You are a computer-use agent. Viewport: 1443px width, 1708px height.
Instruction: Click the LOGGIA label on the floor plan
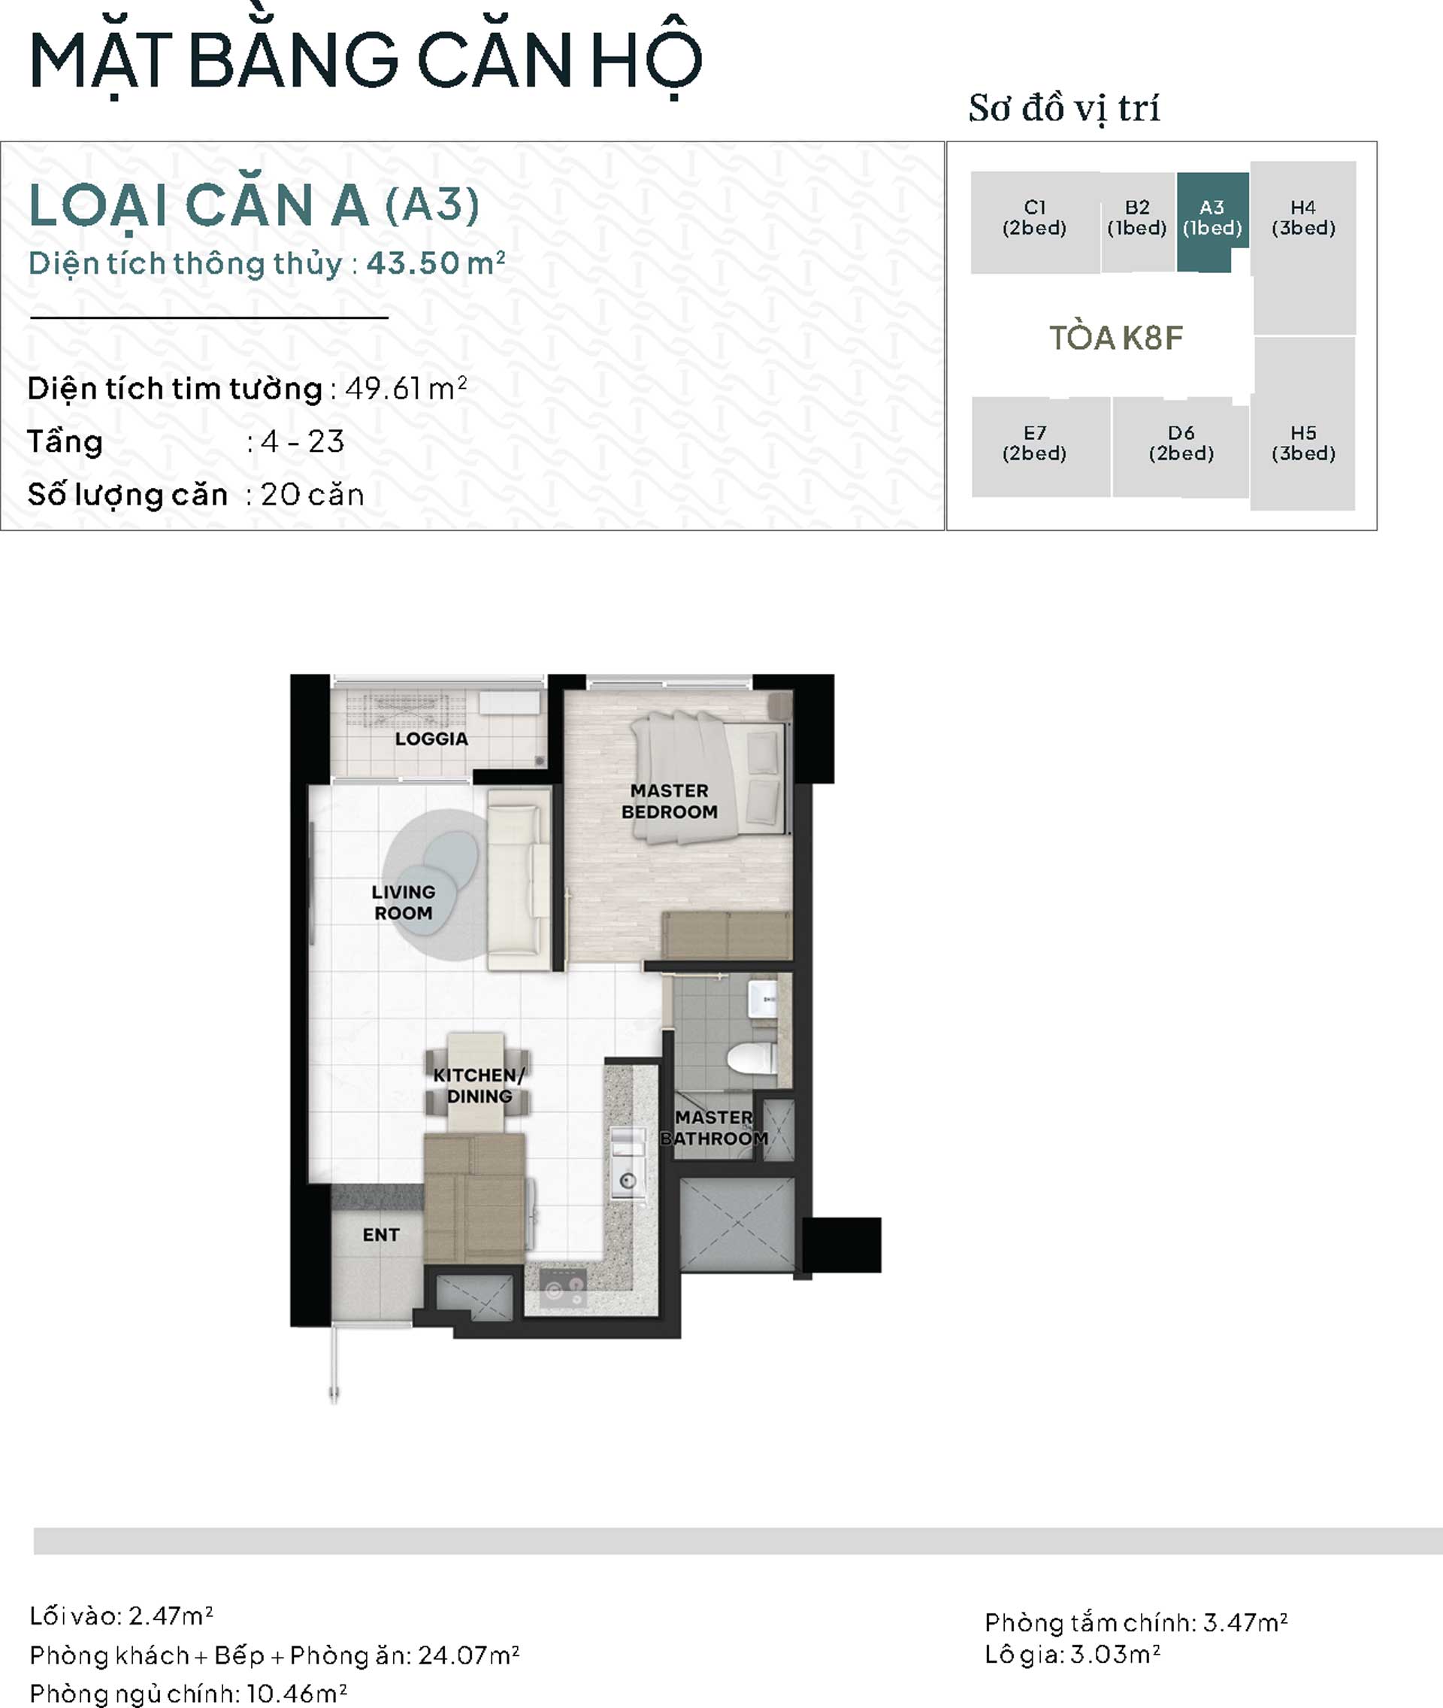[x=431, y=739]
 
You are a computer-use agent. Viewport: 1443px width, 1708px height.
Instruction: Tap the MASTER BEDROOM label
[x=669, y=801]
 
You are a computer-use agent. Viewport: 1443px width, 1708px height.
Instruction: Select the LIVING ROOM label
[x=404, y=903]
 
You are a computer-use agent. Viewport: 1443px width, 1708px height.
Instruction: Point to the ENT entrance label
[x=381, y=1235]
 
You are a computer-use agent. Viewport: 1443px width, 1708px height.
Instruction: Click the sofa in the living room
[x=519, y=879]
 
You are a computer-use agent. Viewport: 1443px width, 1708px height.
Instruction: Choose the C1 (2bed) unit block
[x=1035, y=222]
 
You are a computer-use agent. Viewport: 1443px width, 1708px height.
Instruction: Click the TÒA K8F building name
[x=1116, y=338]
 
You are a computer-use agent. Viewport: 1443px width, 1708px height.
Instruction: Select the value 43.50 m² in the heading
[x=435, y=263]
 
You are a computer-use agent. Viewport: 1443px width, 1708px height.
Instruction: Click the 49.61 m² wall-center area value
[x=406, y=388]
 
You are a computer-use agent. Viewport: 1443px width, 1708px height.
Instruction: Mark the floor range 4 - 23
[x=303, y=442]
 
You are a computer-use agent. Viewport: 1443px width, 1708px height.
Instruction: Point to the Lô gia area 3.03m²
[x=1115, y=1654]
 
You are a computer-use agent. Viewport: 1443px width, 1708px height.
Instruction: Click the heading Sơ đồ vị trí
[x=1064, y=109]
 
